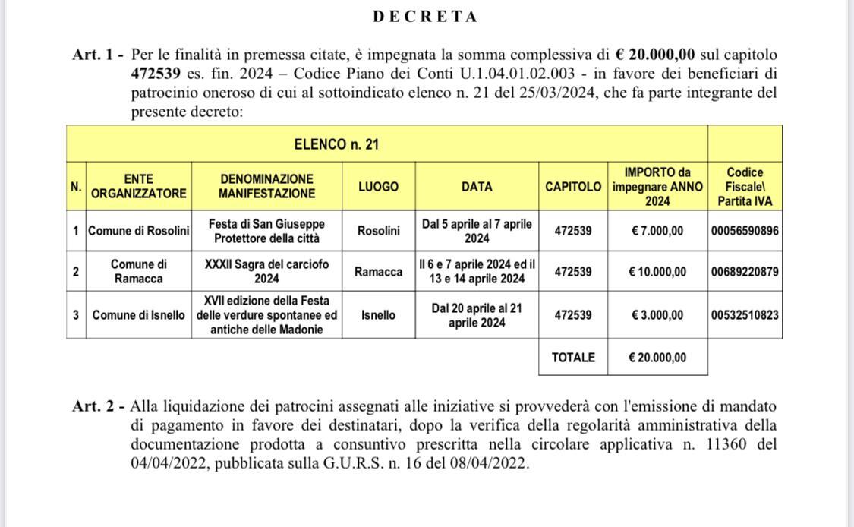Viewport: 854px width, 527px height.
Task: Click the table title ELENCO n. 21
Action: (336, 144)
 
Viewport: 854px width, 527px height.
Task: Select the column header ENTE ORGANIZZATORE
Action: (138, 186)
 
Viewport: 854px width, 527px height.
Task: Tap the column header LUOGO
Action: (378, 186)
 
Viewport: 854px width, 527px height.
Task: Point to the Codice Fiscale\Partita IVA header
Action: (745, 186)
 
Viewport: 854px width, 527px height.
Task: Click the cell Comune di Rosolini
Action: (138, 231)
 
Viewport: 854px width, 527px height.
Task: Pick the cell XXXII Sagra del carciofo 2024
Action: (267, 271)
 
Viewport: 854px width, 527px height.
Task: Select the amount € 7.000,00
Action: (657, 231)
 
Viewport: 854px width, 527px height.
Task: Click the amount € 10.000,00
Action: (657, 272)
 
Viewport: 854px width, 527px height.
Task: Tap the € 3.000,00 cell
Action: (657, 315)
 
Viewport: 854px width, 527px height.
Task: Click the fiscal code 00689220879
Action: (745, 272)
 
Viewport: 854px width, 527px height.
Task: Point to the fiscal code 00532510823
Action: (745, 315)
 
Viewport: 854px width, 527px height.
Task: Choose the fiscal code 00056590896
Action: (745, 231)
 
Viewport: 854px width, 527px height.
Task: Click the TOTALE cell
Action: (573, 358)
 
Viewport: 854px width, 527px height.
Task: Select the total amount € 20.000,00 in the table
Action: (657, 358)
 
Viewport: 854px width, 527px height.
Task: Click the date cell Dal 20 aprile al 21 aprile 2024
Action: (477, 315)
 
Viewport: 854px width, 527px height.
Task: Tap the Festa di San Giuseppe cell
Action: (267, 231)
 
